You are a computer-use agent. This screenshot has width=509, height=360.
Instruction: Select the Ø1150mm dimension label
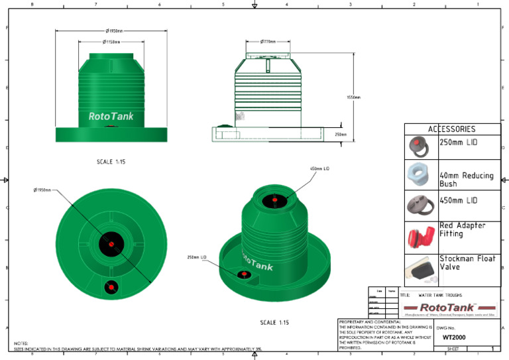point(111,42)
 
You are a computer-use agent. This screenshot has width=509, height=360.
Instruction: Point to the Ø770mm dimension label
point(268,42)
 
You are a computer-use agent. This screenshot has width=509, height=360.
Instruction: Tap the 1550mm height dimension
point(353,97)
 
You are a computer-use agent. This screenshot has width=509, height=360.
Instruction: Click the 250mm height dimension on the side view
point(341,134)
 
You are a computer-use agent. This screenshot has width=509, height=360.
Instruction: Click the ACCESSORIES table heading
point(452,129)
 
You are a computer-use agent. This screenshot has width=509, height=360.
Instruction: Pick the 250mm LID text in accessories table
point(459,143)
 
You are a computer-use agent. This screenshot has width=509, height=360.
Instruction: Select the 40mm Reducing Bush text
point(466,180)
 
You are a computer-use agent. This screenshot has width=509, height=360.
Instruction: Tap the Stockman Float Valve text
point(467,263)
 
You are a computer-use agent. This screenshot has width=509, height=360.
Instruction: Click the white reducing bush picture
point(421,175)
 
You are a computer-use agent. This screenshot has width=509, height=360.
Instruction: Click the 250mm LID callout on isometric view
point(197,257)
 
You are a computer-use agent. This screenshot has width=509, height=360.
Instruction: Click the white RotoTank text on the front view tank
point(111,117)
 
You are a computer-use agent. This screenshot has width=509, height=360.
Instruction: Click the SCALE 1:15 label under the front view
point(109,161)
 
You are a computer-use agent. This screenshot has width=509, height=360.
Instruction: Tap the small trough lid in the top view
point(111,286)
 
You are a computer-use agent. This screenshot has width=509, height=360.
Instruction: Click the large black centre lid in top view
point(111,243)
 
